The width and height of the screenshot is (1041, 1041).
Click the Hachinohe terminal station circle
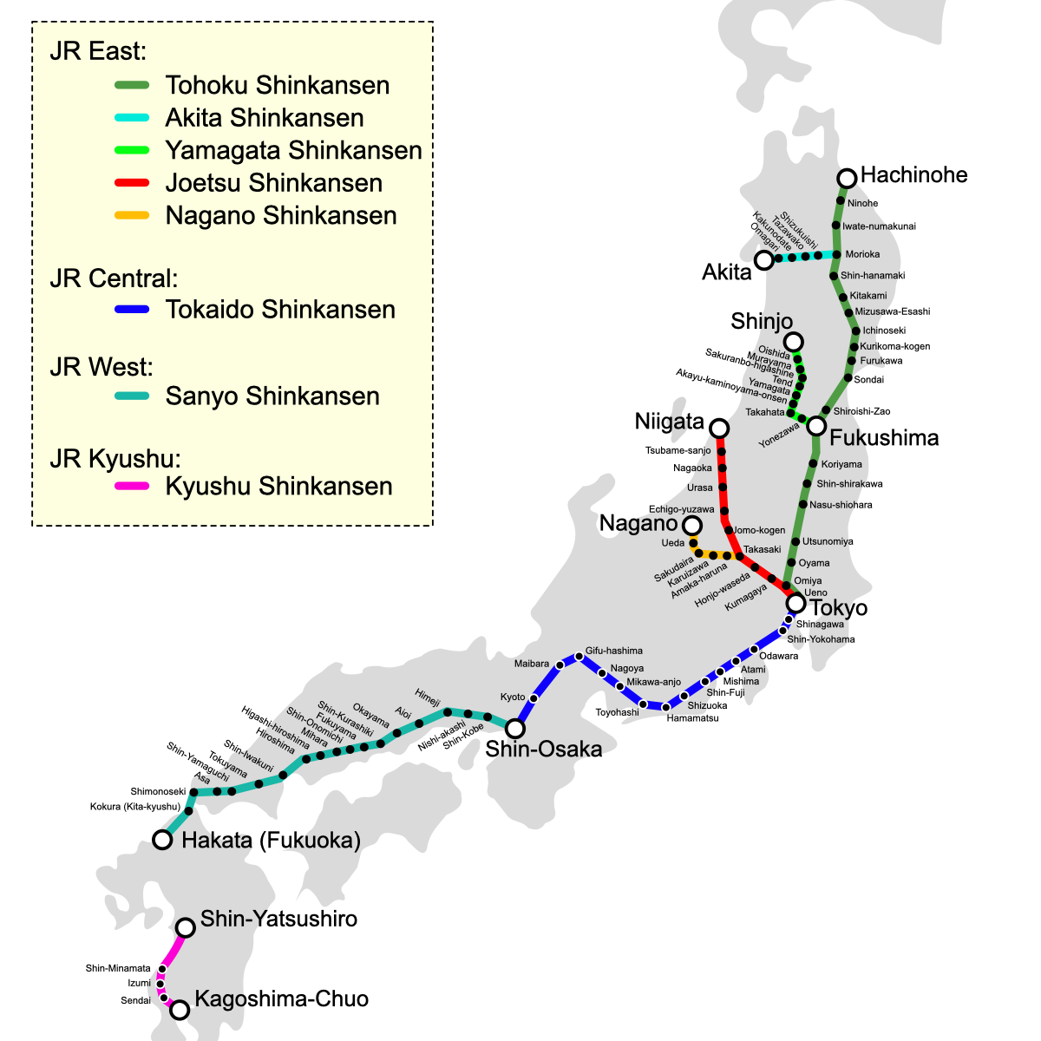(847, 179)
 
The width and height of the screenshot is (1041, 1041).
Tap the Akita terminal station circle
(764, 260)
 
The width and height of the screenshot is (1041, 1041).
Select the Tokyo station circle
(795, 603)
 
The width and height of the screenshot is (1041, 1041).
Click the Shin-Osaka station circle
(515, 728)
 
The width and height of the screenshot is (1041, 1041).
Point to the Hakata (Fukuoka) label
(271, 840)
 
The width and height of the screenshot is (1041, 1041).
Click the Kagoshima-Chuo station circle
(180, 1010)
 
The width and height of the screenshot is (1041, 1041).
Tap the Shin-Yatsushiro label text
(278, 919)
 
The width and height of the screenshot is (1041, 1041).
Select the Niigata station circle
(719, 429)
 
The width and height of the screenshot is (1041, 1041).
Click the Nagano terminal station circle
(691, 526)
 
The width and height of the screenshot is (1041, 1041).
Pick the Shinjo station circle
(793, 342)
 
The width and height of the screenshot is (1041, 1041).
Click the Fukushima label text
(884, 437)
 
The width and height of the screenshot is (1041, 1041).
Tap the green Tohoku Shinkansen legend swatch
(132, 85)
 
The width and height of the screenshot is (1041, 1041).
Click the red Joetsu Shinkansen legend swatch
(132, 183)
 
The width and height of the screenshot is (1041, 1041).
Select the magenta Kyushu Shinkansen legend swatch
(132, 487)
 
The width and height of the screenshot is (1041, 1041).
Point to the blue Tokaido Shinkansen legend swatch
(132, 310)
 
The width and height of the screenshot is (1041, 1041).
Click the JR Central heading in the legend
(114, 278)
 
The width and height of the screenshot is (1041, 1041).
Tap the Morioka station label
(862, 254)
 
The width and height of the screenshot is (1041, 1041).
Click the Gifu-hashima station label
(614, 651)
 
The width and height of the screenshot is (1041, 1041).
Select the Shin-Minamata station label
(118, 968)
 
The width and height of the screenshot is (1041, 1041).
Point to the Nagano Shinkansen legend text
(281, 216)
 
